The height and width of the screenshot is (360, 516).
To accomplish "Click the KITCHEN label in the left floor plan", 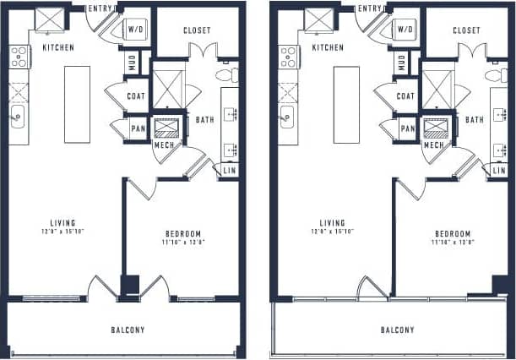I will [x=57, y=47].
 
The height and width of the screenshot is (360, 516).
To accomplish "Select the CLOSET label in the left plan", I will [x=197, y=30].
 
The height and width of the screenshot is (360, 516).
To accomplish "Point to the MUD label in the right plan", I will [x=401, y=62].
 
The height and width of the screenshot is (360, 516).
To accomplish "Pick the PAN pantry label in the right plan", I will [x=407, y=128].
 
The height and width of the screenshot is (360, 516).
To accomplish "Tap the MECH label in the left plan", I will [x=164, y=145].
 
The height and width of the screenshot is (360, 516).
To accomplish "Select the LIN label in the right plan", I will [x=498, y=171].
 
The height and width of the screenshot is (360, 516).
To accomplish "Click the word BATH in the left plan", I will [x=204, y=120].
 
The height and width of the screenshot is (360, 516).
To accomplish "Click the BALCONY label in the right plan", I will [x=397, y=330].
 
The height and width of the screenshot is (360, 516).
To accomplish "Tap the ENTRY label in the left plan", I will [x=101, y=8].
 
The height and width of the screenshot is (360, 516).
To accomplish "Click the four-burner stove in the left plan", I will [x=19, y=57].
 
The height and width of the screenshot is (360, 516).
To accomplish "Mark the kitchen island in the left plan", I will [x=77, y=103].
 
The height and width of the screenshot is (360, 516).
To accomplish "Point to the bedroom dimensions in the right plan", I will [x=452, y=242].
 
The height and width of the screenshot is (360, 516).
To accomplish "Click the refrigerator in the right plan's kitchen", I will [x=318, y=19].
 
